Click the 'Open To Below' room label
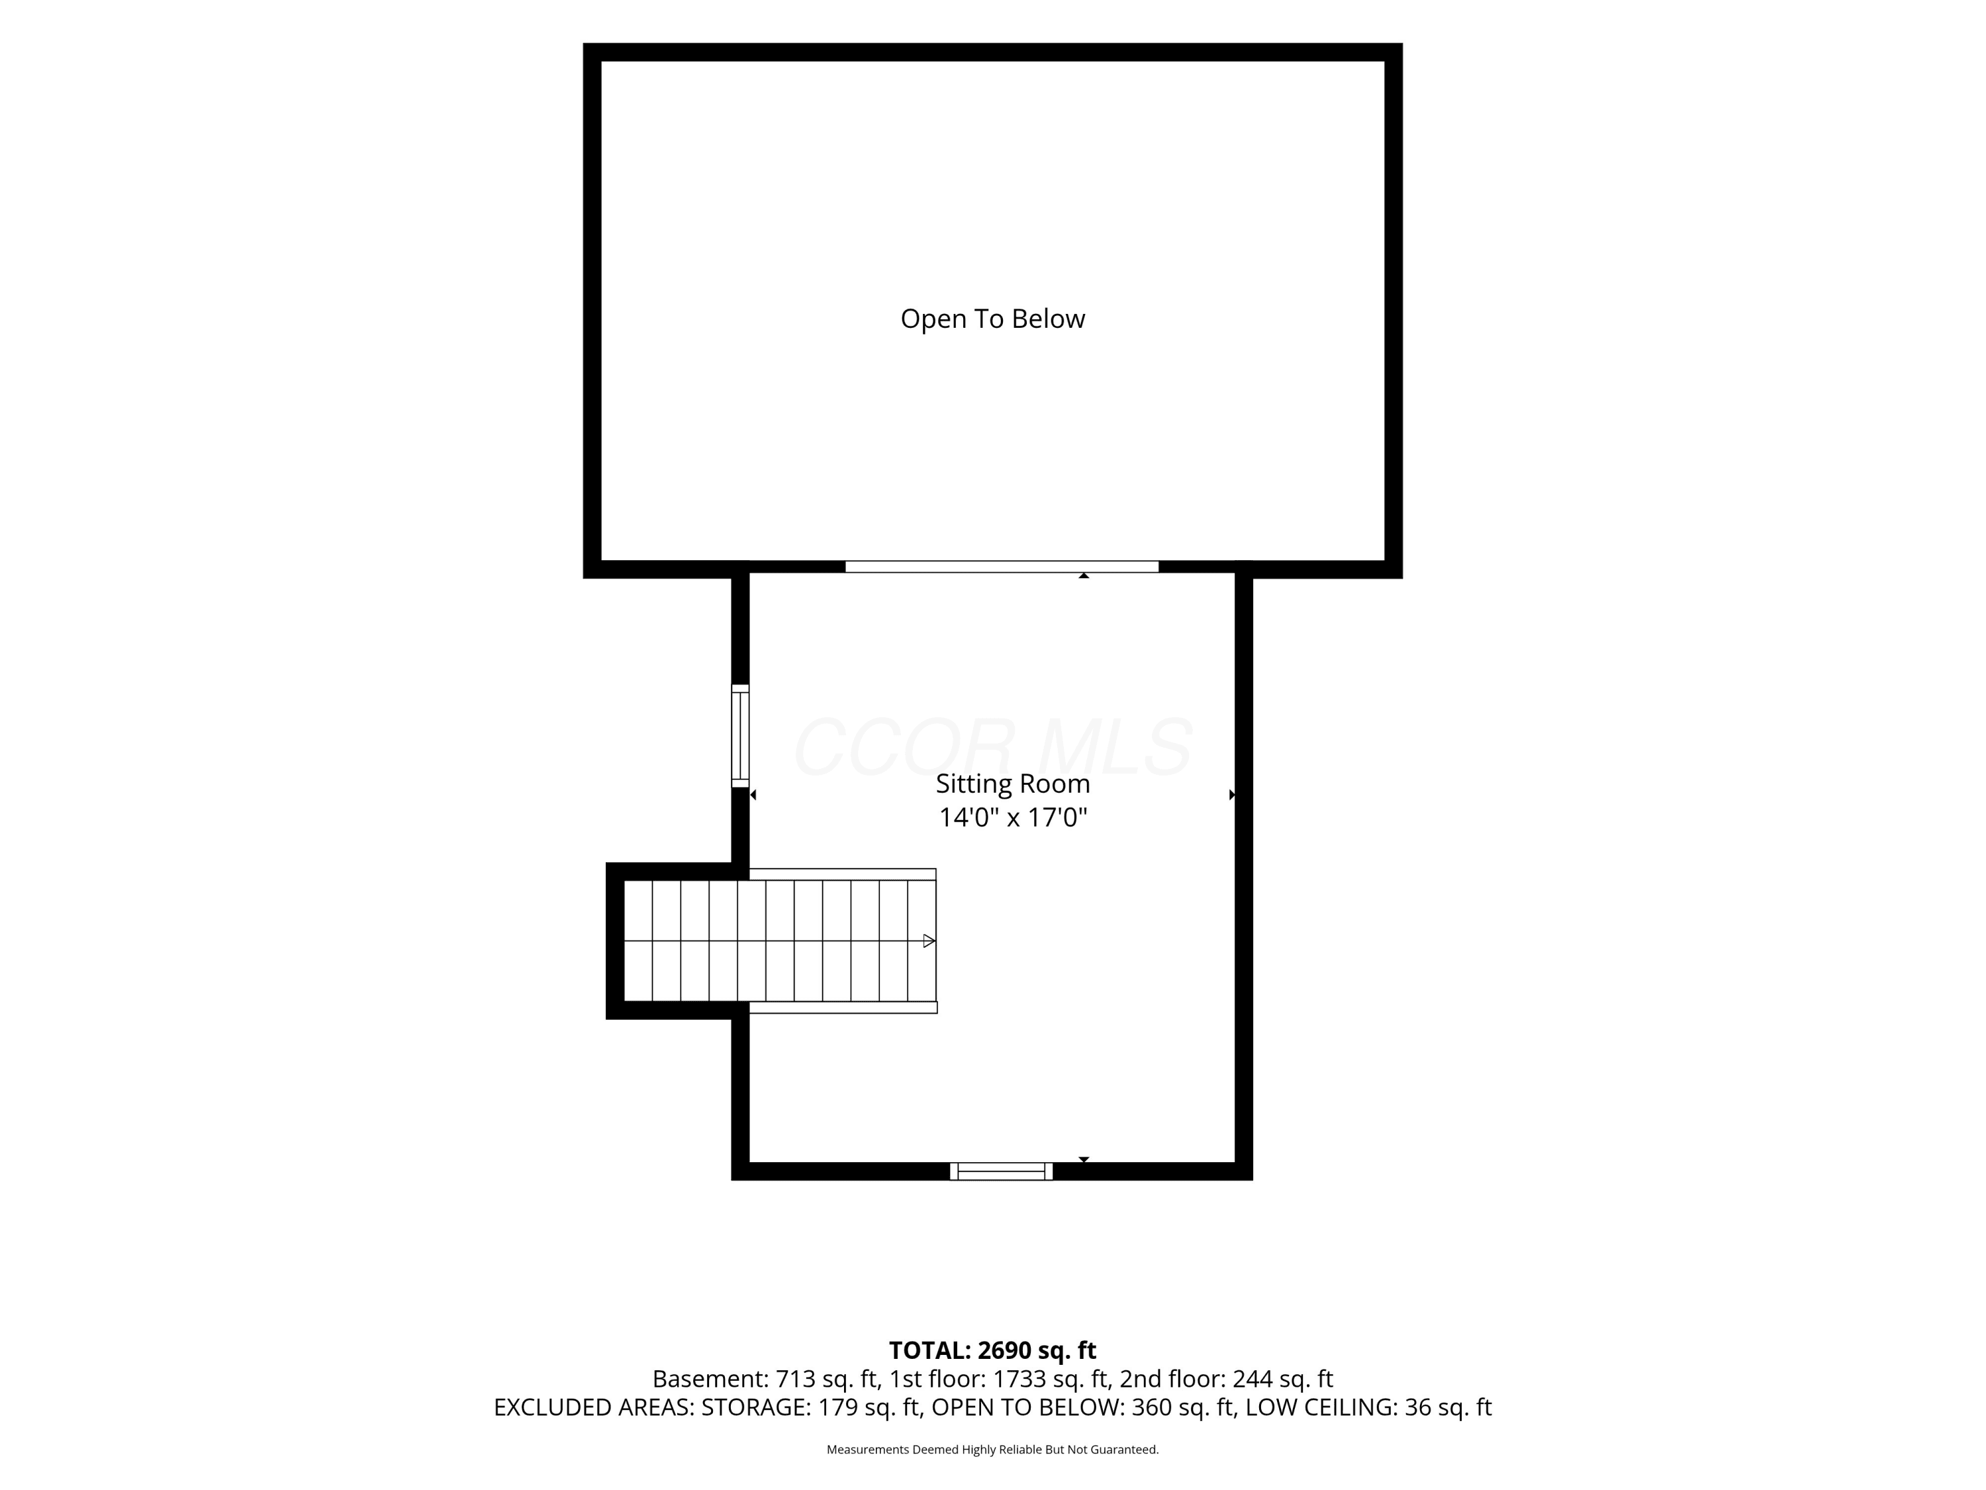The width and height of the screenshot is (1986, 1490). (992, 319)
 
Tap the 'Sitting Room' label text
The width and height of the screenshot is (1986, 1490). (1013, 784)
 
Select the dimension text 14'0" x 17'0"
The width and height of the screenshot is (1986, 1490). (1013, 817)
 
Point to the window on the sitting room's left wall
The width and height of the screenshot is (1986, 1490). (740, 736)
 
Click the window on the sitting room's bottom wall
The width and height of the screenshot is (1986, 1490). (1001, 1171)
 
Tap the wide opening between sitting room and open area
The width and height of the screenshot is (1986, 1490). (1002, 567)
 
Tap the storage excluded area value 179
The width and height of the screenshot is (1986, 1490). (837, 1407)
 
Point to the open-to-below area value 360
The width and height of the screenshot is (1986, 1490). (1152, 1407)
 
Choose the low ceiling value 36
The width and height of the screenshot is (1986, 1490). (1419, 1407)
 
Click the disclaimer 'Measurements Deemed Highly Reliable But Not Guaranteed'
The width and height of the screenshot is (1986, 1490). (992, 1450)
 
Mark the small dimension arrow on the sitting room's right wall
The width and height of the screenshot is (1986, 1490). (1232, 795)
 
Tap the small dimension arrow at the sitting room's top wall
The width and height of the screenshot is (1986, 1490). (1084, 575)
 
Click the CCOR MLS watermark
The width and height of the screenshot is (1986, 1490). (992, 747)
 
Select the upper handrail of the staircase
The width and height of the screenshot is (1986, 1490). (842, 874)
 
